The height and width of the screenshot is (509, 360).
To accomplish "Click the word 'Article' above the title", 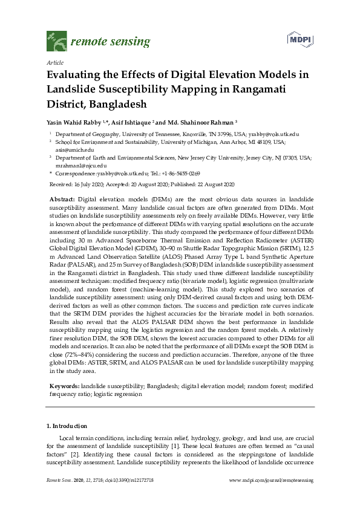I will coord(54,62).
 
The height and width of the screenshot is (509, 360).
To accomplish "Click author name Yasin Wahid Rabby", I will coord(74,121).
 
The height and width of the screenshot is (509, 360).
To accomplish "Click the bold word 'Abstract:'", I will coord(62,199).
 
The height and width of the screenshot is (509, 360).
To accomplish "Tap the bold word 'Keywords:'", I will coord(64,385).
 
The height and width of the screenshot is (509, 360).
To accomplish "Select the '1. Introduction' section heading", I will coord(67,426).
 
